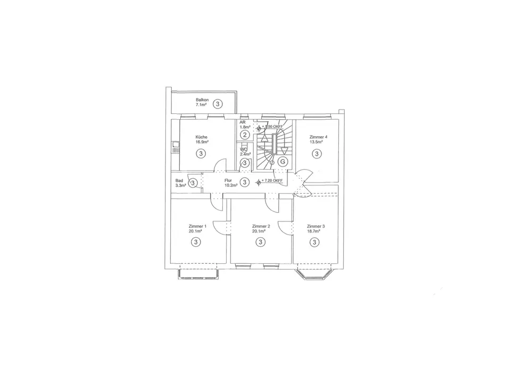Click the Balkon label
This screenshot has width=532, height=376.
pos(202,100)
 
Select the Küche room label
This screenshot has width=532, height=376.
pos(201,137)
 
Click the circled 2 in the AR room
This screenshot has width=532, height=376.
pos(245,135)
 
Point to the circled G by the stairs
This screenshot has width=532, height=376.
pos(283,161)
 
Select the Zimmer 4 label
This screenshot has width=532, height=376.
pos(319,137)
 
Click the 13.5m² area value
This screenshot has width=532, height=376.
pos(317,142)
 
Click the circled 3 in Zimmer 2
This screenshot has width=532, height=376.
pos(260,242)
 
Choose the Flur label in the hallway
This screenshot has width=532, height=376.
pos(228,181)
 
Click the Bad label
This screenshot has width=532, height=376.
pos(179,181)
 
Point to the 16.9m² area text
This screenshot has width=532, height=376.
pos(201,142)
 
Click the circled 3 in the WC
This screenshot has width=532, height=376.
pos(245,162)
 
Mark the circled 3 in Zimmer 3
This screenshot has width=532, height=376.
pos(315,242)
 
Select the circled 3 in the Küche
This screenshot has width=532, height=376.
pos(201,154)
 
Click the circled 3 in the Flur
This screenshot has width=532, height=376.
pos(244,182)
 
